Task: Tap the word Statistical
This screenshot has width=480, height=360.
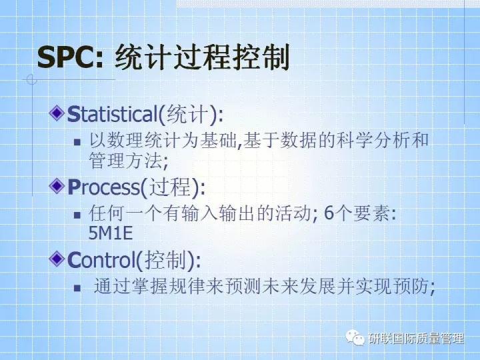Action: (x=111, y=114)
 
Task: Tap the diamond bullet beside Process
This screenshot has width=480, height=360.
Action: (x=58, y=185)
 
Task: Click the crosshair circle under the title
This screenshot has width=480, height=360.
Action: (x=29, y=80)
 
